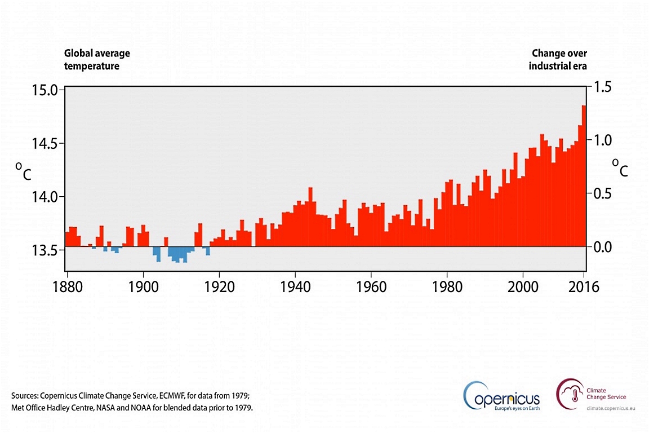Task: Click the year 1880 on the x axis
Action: [x=68, y=286]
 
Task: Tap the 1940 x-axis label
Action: [x=295, y=286]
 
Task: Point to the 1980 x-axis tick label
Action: [x=447, y=286]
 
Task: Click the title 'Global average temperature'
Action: [x=97, y=59]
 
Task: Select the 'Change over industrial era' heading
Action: [x=559, y=59]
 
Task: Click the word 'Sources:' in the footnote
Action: [x=25, y=395]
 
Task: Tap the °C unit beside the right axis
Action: [x=620, y=167]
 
